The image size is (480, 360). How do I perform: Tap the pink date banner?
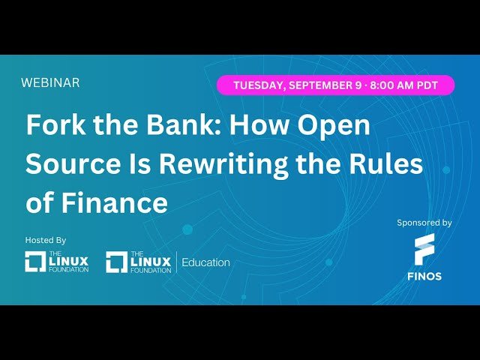[x=336, y=85]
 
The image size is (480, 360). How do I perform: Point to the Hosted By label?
[x=46, y=240]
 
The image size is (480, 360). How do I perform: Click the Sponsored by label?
[x=424, y=223]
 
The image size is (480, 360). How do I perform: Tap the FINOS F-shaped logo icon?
[x=424, y=248]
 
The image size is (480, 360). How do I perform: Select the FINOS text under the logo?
[x=424, y=276]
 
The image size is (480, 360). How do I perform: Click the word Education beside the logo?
[x=205, y=262]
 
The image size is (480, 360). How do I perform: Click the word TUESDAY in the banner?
[x=258, y=85]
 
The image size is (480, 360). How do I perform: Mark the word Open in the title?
[x=331, y=125]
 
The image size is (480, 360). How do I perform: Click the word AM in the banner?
[x=411, y=85]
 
